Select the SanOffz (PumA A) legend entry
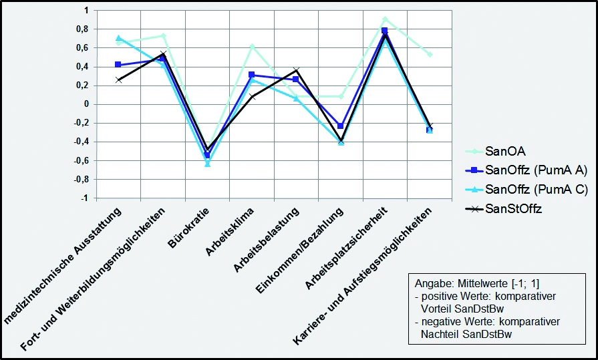tap(527, 170)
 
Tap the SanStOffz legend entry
tap(514, 208)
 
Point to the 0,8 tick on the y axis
tap(82, 29)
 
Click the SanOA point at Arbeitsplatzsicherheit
tap(385, 19)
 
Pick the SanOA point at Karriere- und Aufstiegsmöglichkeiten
tap(430, 54)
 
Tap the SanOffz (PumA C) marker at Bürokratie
tap(207, 164)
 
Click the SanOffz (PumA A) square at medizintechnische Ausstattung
tap(118, 65)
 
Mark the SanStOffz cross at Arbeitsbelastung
tap(296, 70)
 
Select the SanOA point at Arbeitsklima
tap(252, 46)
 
